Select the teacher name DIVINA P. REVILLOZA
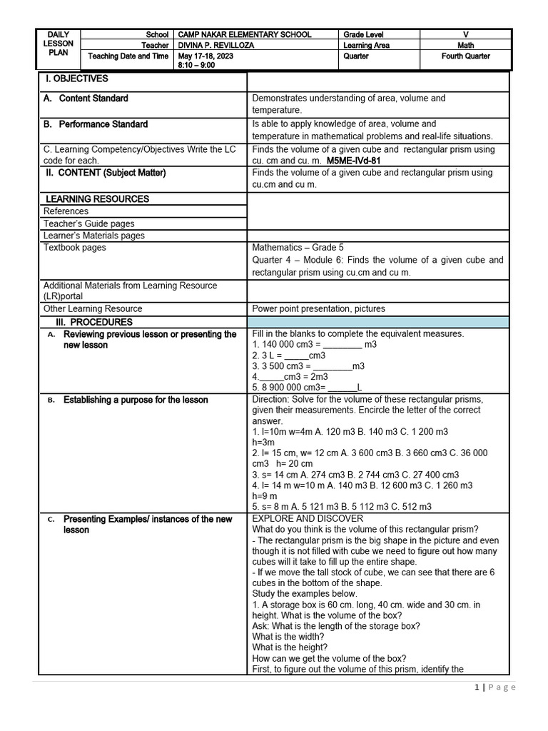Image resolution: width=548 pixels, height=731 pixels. pos(216,45)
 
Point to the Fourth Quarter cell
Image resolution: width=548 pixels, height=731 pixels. pos(465,56)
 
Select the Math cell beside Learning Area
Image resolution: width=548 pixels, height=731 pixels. pos(465,45)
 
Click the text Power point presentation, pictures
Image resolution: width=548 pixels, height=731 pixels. pos(318,308)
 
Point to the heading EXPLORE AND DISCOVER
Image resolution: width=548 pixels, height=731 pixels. pos(308,518)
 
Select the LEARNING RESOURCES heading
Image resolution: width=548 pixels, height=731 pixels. pos(97,198)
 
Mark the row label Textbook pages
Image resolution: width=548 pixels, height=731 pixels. pos(74,248)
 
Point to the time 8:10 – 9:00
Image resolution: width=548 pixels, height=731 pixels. pos(198,64)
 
